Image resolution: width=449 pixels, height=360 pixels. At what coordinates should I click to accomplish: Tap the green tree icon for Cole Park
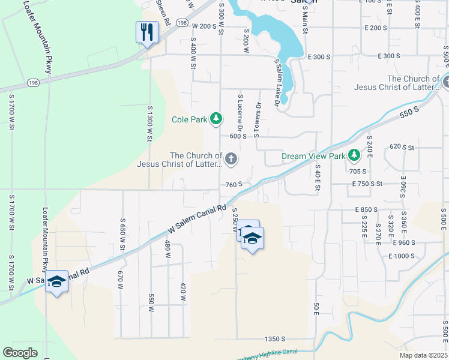[x=216, y=120]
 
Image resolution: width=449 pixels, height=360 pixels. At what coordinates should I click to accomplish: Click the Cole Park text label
[x=189, y=120]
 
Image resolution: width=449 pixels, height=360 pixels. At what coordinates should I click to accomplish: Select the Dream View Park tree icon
[x=354, y=156]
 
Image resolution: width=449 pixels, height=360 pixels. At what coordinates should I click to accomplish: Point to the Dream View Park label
[x=314, y=157]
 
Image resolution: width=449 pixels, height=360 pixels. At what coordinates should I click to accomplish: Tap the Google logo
[x=20, y=353]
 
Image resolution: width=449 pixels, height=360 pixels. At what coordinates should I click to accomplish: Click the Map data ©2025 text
[x=423, y=355]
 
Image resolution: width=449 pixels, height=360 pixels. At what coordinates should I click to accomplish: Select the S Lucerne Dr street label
[x=240, y=114]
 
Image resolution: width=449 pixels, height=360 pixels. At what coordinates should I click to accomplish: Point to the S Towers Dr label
[x=259, y=119]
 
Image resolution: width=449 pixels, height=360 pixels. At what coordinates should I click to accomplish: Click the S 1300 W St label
[x=149, y=123]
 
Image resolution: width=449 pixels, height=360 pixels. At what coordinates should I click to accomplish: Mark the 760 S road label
[x=234, y=184]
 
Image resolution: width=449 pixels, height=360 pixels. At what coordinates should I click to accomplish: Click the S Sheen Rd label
[x=163, y=12]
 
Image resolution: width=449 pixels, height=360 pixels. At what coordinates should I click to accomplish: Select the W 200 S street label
[x=203, y=26]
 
